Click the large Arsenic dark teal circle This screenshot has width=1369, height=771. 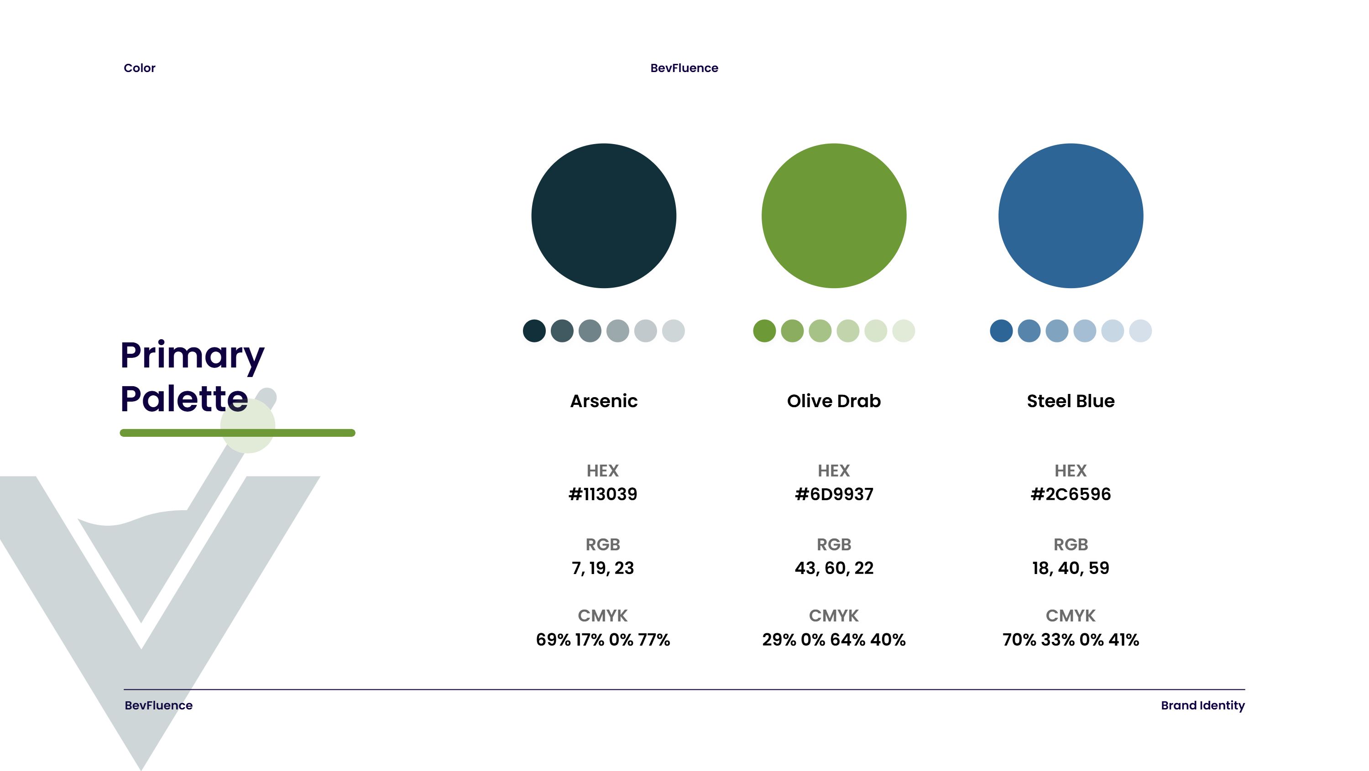point(603,216)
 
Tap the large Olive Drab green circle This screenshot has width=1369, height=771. point(833,216)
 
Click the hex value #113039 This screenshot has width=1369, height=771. point(603,494)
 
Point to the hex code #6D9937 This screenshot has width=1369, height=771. point(833,494)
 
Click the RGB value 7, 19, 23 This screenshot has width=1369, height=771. point(603,568)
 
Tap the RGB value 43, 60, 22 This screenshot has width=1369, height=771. point(833,568)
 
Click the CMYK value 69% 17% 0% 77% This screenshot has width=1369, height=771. point(603,640)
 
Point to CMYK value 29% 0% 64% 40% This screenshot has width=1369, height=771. point(833,640)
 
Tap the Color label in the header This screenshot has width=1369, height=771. point(139,68)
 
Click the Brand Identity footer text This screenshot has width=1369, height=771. point(1202,705)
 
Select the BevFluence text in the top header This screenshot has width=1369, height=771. point(684,68)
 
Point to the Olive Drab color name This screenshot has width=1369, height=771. point(833,401)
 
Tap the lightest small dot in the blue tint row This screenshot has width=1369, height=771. point(1140,331)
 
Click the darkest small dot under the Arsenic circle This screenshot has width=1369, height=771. point(534,331)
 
